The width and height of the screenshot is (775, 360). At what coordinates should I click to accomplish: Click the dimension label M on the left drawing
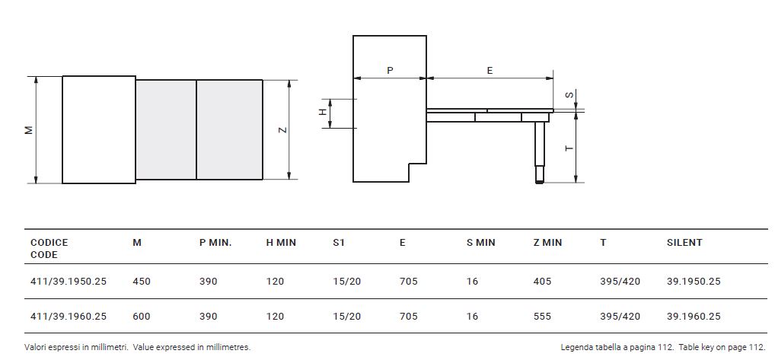(29, 130)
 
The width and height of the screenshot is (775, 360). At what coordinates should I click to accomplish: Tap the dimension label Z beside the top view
(282, 130)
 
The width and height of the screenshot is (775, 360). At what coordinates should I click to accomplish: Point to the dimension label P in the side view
(390, 71)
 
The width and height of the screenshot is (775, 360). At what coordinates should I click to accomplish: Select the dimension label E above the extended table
(490, 71)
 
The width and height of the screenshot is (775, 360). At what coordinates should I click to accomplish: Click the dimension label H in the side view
(322, 113)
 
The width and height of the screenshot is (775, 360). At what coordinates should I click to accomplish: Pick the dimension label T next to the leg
(569, 148)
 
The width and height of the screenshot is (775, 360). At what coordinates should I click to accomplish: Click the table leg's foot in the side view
(540, 181)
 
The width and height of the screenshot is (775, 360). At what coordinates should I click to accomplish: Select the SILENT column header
(684, 243)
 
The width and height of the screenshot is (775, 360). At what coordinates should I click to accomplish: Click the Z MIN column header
(547, 243)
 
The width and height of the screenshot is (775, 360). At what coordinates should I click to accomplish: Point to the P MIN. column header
(215, 243)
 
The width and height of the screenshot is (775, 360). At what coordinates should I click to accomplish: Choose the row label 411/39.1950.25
(69, 282)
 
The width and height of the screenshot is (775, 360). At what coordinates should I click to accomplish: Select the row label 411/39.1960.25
(69, 316)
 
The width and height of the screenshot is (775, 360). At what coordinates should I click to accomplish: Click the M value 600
(142, 316)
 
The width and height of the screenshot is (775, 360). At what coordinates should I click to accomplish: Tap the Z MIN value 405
(542, 282)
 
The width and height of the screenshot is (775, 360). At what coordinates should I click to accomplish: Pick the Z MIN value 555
(542, 316)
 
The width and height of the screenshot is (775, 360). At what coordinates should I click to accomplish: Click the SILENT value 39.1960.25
(694, 316)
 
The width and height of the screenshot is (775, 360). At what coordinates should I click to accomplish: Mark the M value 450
(142, 282)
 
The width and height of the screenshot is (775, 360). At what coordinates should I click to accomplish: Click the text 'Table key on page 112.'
(722, 347)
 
